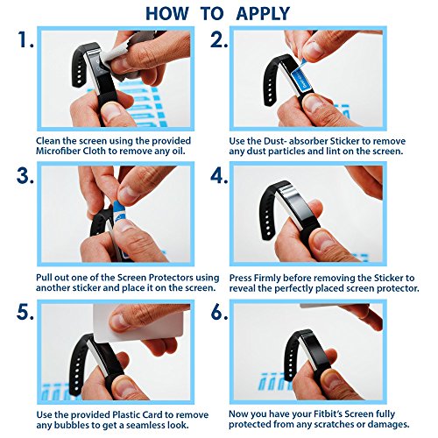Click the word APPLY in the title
click(263, 13)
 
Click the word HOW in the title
click(167, 13)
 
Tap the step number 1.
click(25, 39)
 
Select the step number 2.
click(219, 39)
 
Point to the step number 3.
click(25, 176)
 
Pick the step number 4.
click(219, 176)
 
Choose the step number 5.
click(25, 313)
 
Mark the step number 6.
click(219, 313)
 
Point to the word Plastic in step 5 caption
click(127, 414)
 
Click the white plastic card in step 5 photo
click(138, 323)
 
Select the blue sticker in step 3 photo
click(120, 211)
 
